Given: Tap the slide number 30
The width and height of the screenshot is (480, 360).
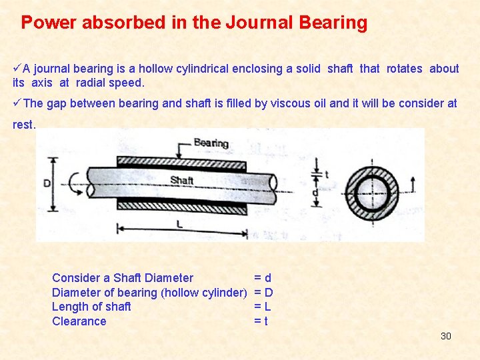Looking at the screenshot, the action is [x=446, y=336].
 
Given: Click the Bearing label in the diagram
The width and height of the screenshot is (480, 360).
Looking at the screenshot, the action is [x=211, y=143].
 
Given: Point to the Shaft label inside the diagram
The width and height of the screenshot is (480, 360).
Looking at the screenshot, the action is [x=181, y=180].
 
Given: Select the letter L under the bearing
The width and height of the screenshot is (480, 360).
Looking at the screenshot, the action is [x=179, y=225].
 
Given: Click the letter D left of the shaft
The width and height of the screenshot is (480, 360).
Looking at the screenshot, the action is [x=47, y=183].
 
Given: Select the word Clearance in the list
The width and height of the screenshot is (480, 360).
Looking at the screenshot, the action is [x=79, y=321].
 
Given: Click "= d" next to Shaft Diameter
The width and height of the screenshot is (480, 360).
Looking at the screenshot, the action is [x=262, y=278].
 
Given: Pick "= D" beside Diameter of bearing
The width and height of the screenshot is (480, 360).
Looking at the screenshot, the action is [x=263, y=293].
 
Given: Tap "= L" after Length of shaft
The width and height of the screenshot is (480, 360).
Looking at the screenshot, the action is [x=262, y=307].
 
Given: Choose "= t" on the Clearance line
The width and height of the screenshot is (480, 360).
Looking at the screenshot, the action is [x=261, y=321].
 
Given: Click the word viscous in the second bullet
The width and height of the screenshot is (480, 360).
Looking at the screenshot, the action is [x=272, y=103].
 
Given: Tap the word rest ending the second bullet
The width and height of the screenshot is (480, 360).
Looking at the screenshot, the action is [x=23, y=124].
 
